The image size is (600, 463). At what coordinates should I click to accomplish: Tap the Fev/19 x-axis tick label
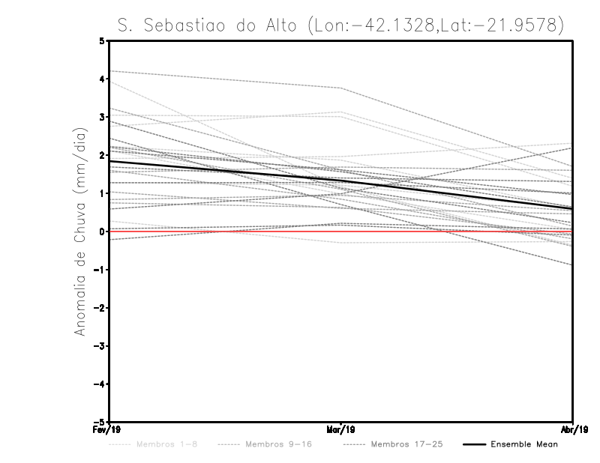(x=110, y=430)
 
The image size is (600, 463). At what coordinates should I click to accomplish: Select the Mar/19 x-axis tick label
(x=341, y=430)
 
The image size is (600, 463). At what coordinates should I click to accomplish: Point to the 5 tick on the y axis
(x=102, y=40)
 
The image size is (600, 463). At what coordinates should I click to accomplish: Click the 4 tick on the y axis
(x=102, y=79)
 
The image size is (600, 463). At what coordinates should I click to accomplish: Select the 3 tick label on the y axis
(x=102, y=117)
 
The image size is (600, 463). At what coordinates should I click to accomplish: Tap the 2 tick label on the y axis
(x=102, y=155)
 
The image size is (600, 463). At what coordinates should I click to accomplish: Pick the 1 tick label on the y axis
(x=102, y=193)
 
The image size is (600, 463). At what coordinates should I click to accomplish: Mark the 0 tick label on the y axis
(x=102, y=231)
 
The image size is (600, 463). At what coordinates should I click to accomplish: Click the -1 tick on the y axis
(x=100, y=270)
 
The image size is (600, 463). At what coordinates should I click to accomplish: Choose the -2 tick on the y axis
(x=100, y=308)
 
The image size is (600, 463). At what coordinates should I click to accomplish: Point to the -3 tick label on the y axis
(x=100, y=346)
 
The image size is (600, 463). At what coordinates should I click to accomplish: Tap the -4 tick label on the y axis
(x=100, y=384)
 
